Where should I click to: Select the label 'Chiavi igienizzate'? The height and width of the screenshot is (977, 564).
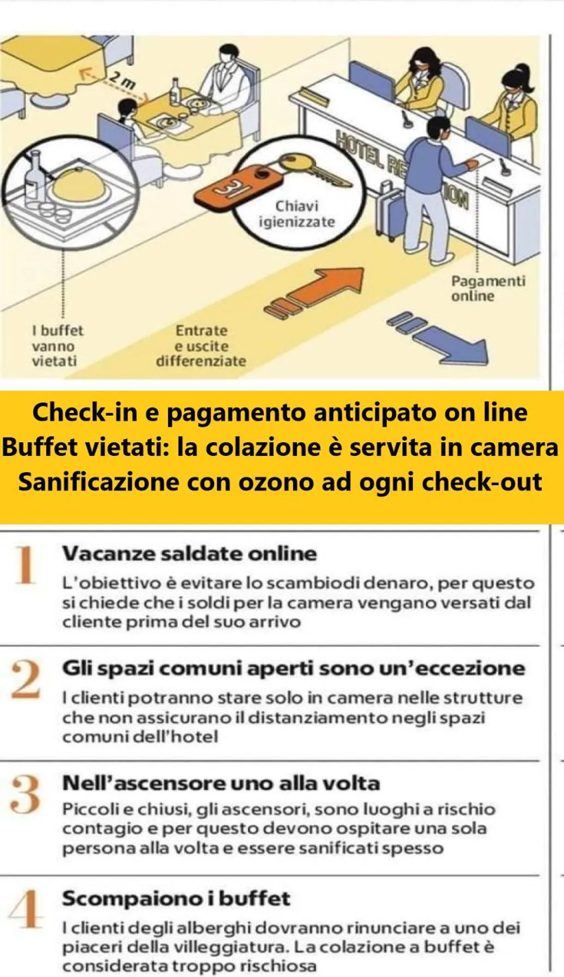pyautogui.click(x=296, y=214)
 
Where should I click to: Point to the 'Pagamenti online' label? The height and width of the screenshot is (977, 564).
pyautogui.click(x=487, y=289)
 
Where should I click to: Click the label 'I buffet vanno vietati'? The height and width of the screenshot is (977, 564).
pyautogui.click(x=57, y=346)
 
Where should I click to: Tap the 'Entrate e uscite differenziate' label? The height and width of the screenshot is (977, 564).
pyautogui.click(x=201, y=346)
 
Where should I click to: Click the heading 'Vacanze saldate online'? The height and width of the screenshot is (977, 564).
pyautogui.click(x=189, y=554)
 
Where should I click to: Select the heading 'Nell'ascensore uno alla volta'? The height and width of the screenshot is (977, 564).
pyautogui.click(x=221, y=783)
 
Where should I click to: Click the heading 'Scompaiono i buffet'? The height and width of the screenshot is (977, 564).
pyautogui.click(x=176, y=898)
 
